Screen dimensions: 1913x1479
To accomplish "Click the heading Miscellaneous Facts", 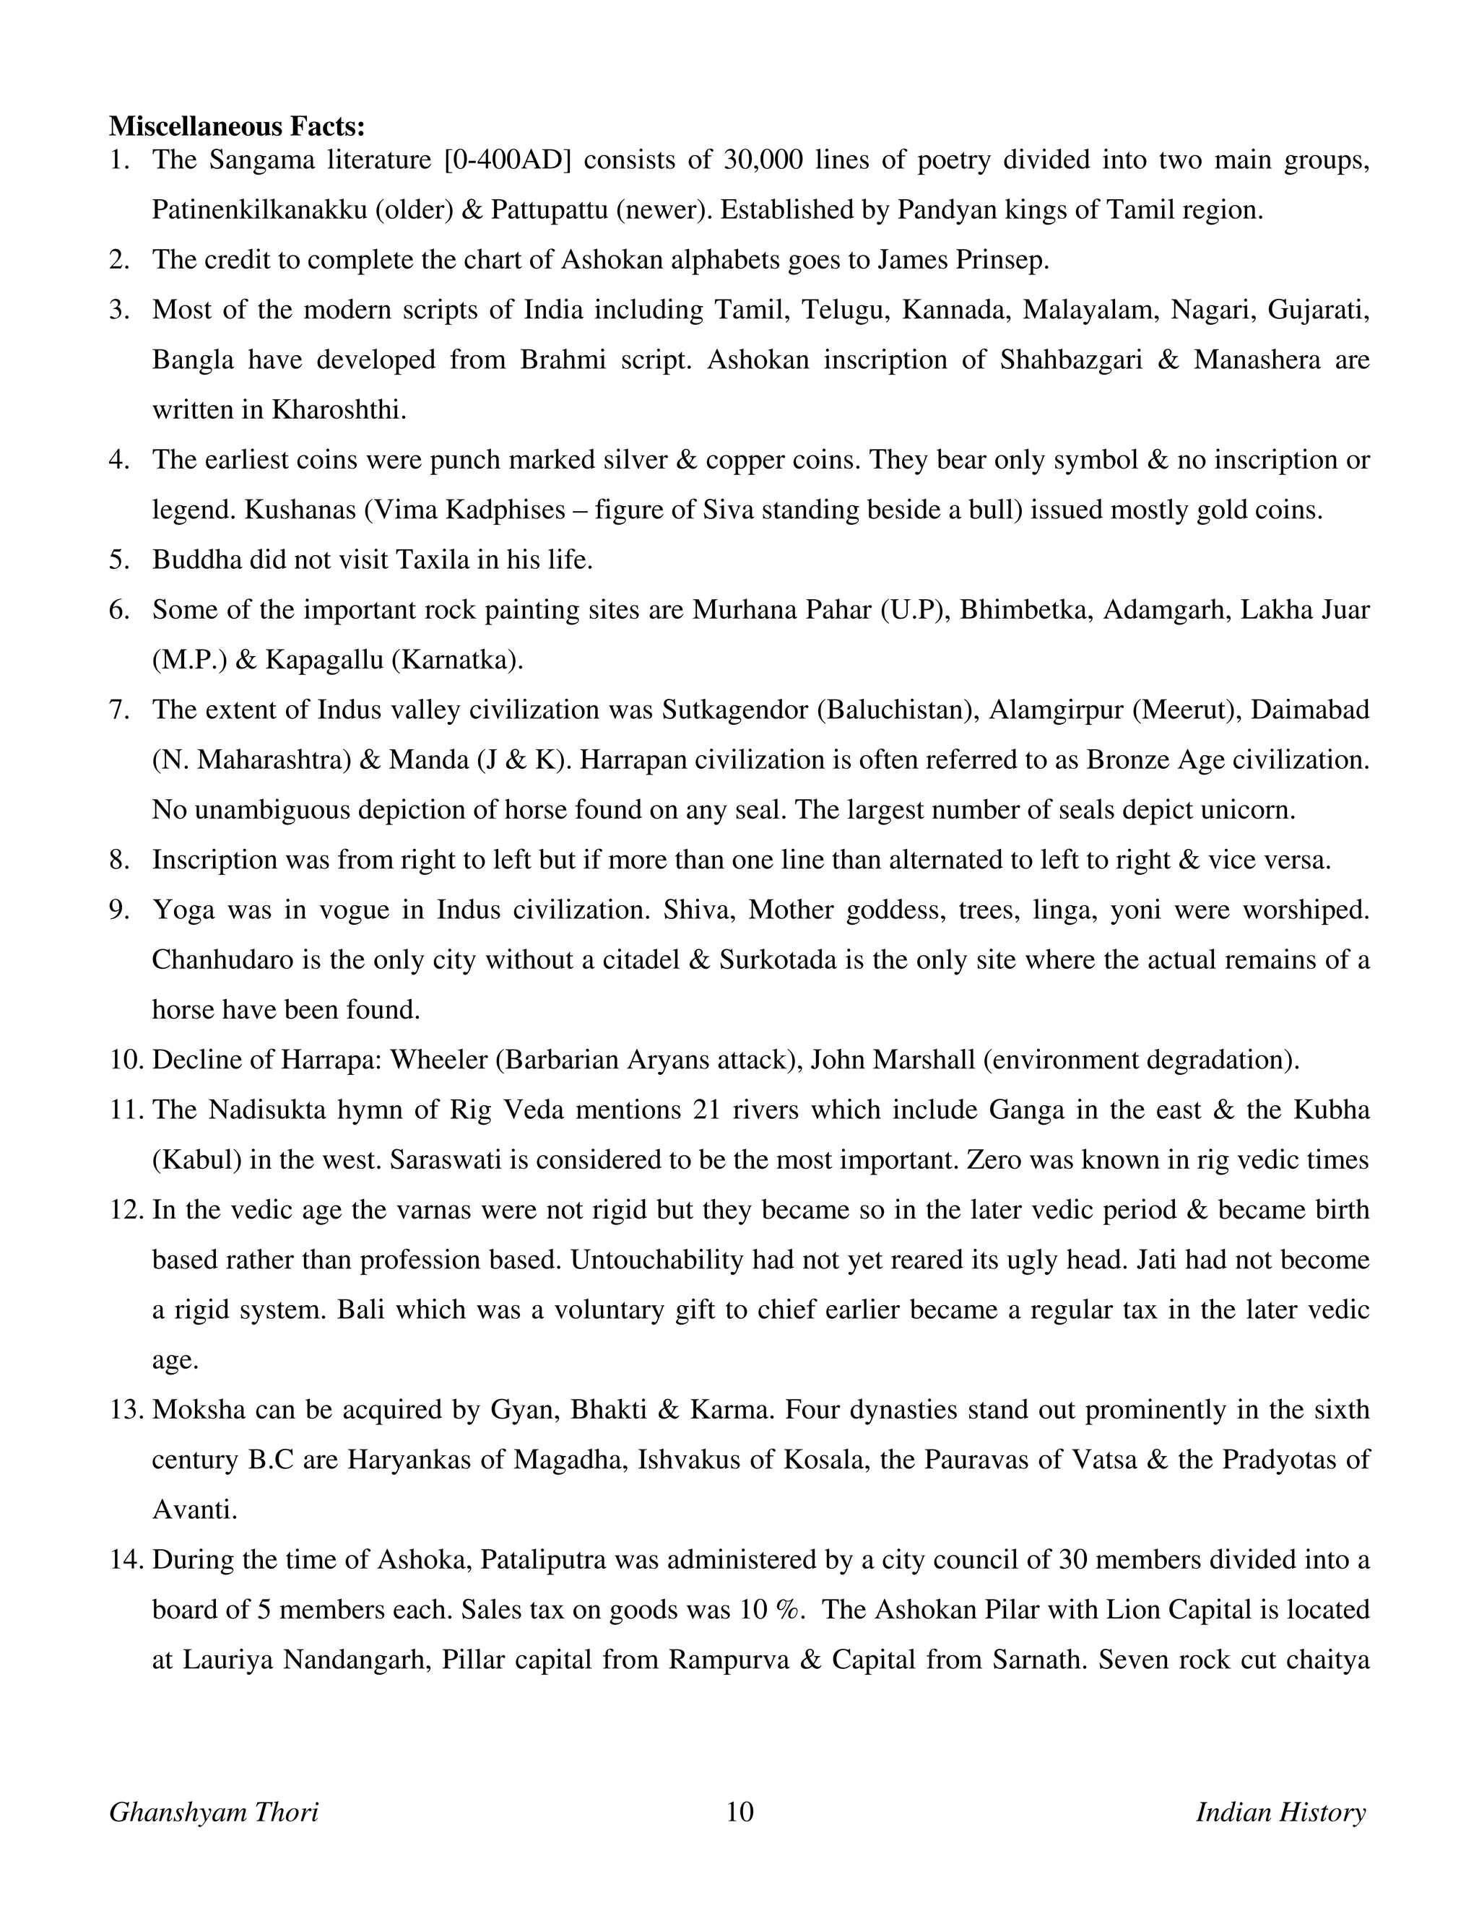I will pyautogui.click(x=237, y=127).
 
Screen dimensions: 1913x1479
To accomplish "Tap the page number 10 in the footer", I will pyautogui.click(x=739, y=1812).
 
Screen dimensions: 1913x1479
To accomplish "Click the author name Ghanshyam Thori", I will pyautogui.click(x=214, y=1812).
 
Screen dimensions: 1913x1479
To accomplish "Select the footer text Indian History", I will pyautogui.click(x=1280, y=1812).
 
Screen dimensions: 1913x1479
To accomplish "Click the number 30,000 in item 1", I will pyautogui.click(x=759, y=160).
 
